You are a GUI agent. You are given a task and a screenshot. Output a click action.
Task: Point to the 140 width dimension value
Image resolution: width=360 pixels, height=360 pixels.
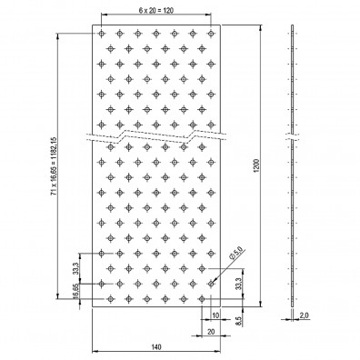(156, 345)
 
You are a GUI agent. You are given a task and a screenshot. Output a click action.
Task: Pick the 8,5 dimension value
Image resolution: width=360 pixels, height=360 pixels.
(238, 321)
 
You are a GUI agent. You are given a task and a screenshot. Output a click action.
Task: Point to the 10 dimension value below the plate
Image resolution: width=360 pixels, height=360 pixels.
(215, 315)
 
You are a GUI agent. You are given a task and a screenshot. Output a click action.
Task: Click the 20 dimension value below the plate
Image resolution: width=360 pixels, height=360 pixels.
(211, 333)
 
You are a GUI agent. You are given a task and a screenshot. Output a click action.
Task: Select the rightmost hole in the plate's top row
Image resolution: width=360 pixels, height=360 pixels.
(211, 34)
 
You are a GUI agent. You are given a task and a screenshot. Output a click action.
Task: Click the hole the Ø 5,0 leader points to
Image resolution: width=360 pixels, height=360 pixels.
(211, 284)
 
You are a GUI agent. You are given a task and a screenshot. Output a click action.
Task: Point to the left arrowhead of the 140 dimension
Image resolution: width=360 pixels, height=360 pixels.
(94, 351)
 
